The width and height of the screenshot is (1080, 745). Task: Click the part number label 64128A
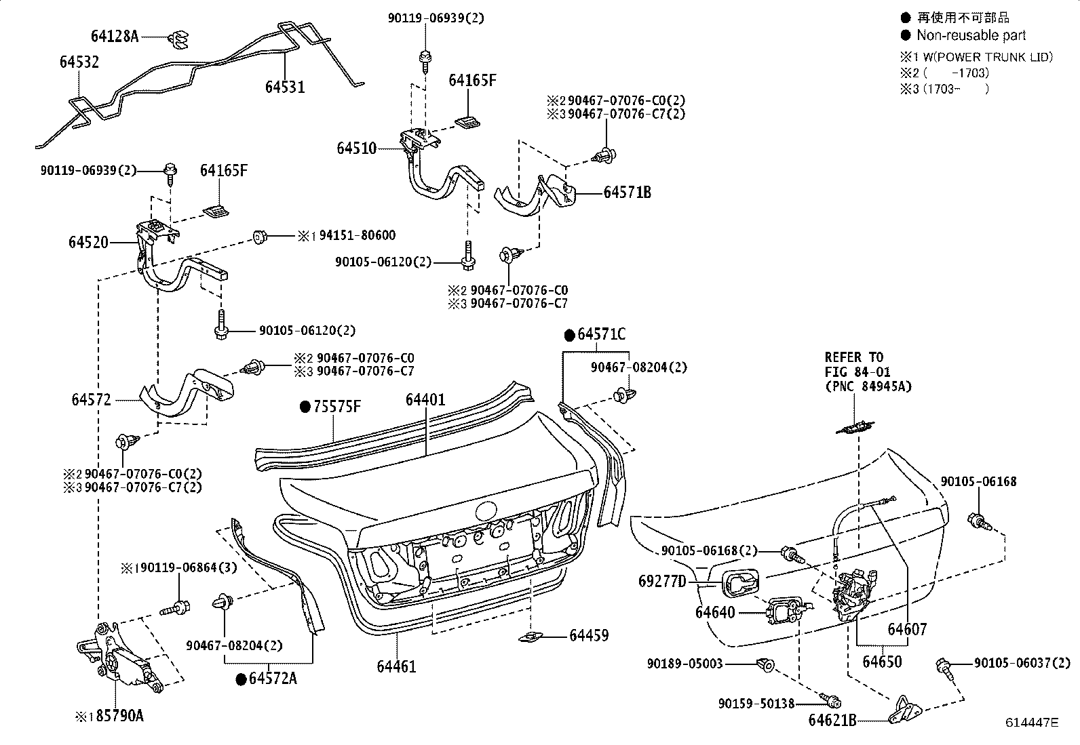115,36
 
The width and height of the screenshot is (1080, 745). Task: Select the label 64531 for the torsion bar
284,87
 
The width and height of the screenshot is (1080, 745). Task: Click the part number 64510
356,148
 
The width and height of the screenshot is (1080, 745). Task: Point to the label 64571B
627,193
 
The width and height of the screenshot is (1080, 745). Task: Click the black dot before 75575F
305,407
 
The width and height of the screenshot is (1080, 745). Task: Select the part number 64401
425,400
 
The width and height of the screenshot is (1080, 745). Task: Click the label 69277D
662,581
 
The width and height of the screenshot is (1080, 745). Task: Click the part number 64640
715,612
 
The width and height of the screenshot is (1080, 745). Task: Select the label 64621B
832,719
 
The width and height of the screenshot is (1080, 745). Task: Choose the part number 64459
588,636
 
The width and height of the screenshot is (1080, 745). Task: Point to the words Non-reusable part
971,35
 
